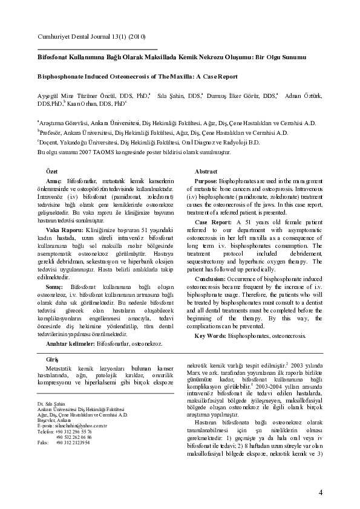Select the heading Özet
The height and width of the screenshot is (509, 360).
pyautogui.click(x=52, y=172)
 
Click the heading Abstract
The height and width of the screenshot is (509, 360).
pyautogui.click(x=206, y=172)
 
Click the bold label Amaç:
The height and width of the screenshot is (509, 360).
pyautogui.click(x=55, y=181)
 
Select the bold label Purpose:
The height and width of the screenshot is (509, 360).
pyautogui.click(x=206, y=181)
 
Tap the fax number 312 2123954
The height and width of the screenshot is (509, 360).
pyautogui.click(x=73, y=443)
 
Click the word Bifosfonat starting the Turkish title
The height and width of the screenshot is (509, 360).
pyautogui.click(x=53, y=56)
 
